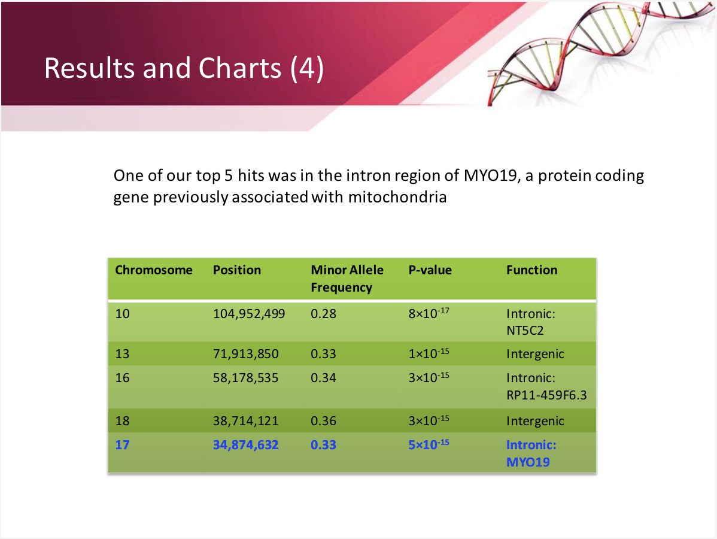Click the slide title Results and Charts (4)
click(x=184, y=68)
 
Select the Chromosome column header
click(x=154, y=270)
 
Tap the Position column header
click(x=237, y=270)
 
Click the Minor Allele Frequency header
click(x=347, y=278)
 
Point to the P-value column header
click(x=430, y=270)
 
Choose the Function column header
click(x=532, y=270)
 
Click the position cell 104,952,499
click(x=249, y=314)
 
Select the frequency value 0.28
click(x=323, y=314)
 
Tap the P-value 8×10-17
click(x=429, y=313)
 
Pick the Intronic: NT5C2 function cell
click(x=531, y=322)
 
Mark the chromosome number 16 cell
click(x=122, y=378)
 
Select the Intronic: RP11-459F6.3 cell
click(x=546, y=387)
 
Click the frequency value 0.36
click(x=323, y=421)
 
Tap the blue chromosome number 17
click(x=122, y=445)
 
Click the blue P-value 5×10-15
click(x=429, y=444)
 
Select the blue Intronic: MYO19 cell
click(x=531, y=453)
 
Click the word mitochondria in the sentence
click(x=397, y=197)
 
